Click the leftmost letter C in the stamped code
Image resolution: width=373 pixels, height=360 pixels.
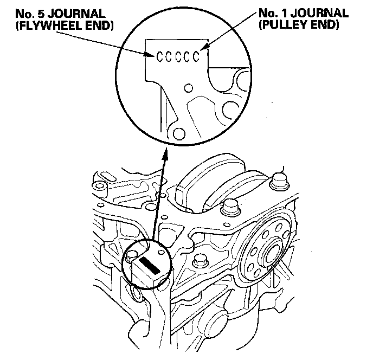pyautogui.click(x=160, y=56)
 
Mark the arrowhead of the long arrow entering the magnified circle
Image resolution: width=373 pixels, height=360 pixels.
pyautogui.click(x=164, y=154)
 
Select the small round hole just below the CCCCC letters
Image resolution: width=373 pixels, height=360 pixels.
pyautogui.click(x=188, y=86)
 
